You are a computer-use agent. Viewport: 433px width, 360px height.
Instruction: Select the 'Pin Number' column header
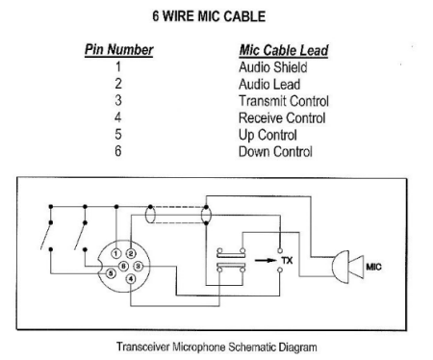117,50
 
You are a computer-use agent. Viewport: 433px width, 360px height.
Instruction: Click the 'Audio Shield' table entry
273,68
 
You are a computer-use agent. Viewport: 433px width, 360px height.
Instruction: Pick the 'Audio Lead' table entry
267,85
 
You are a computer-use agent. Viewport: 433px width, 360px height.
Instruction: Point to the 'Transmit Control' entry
283,101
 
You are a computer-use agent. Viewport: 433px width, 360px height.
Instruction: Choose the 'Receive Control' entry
282,117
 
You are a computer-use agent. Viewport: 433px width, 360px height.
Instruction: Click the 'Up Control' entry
267,134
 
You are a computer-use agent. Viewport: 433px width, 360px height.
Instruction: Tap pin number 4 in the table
118,117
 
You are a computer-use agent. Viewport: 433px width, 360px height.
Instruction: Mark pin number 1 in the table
118,68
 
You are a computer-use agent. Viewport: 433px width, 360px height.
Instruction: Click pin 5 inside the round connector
112,272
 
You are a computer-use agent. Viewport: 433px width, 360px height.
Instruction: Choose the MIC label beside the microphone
374,267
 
